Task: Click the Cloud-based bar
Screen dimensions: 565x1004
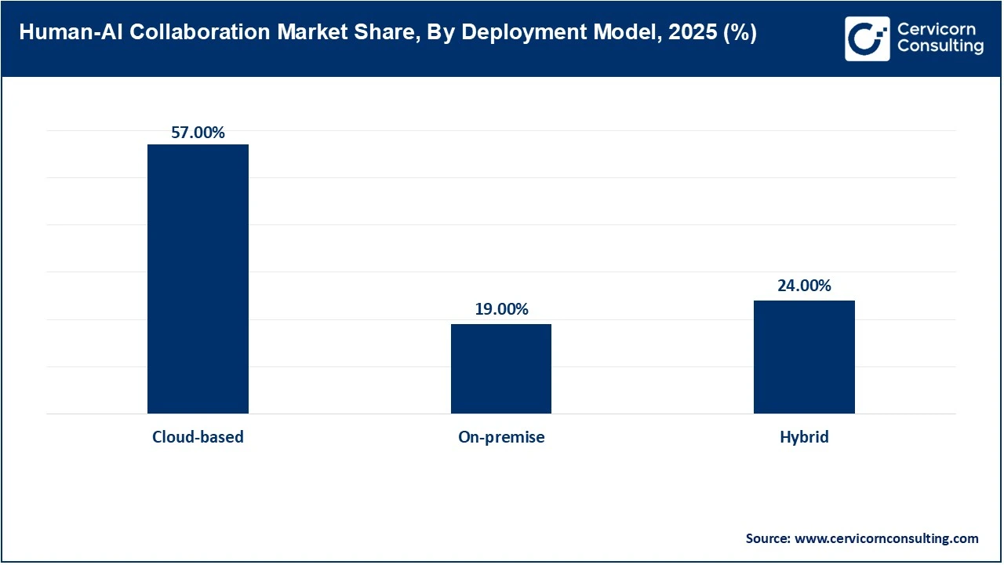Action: tap(198, 279)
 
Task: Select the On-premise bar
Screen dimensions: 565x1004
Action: tap(500, 369)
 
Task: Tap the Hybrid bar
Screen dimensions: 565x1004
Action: tap(804, 357)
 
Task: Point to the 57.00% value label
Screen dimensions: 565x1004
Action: tap(198, 133)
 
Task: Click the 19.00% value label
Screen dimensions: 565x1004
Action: tap(501, 309)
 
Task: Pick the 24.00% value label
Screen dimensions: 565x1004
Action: tap(804, 286)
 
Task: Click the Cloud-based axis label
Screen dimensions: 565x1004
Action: tap(198, 437)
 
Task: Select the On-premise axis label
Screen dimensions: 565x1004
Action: tap(501, 437)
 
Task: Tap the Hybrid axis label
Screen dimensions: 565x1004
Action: tap(804, 437)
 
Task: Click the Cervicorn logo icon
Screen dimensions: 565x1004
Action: tap(867, 38)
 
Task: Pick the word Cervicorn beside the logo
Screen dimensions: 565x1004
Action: tap(936, 29)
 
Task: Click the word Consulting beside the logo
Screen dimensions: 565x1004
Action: tap(940, 47)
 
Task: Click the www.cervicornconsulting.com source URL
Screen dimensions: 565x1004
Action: tap(886, 538)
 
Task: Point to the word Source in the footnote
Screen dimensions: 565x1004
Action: tap(768, 538)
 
